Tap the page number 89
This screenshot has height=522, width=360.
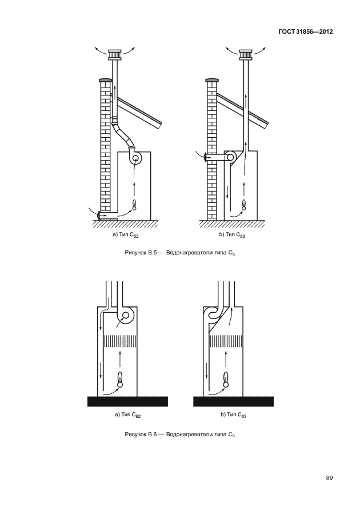coord(329,478)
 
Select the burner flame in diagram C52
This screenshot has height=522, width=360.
coord(135,204)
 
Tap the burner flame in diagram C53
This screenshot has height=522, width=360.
coord(244,204)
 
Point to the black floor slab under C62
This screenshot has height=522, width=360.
coord(127,401)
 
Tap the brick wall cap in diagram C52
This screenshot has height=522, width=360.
coord(105,81)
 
